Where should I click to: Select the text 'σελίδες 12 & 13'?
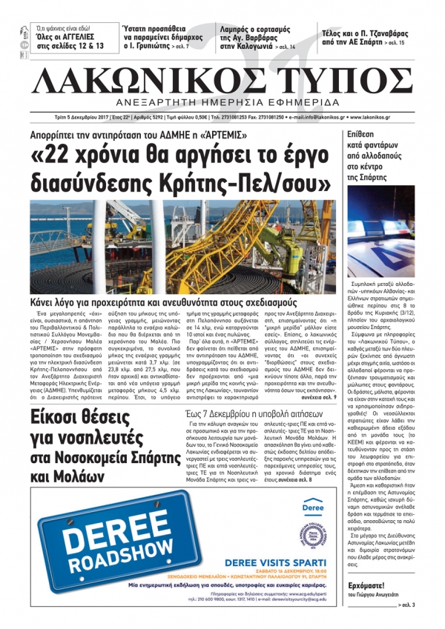tap(63, 47)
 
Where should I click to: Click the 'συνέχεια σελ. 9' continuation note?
tap(314, 376)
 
